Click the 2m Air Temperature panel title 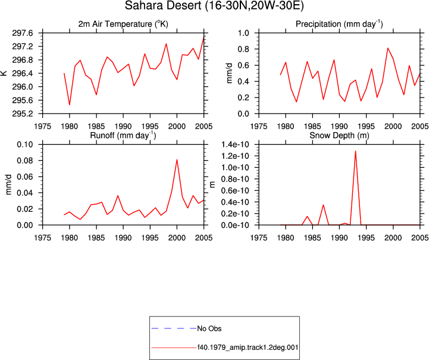tap(123, 24)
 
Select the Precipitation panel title tap(339, 24)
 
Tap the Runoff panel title tap(123, 136)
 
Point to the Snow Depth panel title tap(339, 136)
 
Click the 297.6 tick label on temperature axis tap(23, 33)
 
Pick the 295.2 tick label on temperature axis tap(23, 114)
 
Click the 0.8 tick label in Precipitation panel tap(243, 49)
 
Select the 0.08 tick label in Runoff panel tap(25, 161)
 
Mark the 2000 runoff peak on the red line tap(177, 159)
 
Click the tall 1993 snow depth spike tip tap(355, 151)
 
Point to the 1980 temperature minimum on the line tap(70, 105)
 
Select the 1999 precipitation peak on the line tap(388, 48)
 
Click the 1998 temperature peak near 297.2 tap(166, 44)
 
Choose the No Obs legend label tap(209, 328)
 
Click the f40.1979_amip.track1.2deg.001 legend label tap(248, 348)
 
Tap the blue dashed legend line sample tap(174, 328)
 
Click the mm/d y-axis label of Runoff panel tap(9, 184)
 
